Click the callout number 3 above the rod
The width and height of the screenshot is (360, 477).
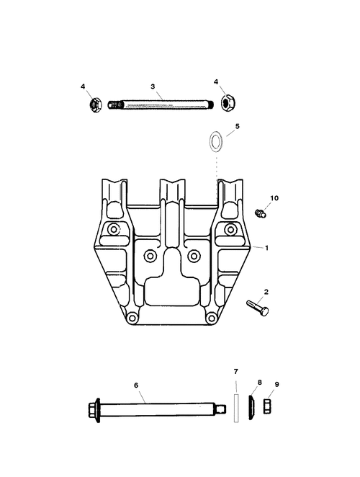153,86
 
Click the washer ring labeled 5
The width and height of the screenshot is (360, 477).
215,141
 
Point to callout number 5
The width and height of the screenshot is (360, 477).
237,126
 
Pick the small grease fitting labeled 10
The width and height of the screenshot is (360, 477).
261,213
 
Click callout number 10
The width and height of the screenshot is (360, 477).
274,198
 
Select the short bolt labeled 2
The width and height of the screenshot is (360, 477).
258,308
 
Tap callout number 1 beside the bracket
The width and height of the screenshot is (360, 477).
266,249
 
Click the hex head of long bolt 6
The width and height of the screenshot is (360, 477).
94,410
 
